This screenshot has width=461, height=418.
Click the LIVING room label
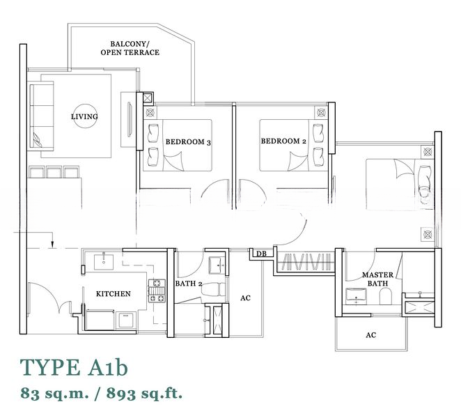(84, 116)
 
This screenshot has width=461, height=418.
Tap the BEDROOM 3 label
(188, 142)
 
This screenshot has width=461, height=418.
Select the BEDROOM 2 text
(283, 141)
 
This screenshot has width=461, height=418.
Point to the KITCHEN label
(114, 293)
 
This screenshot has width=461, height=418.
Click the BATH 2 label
(189, 284)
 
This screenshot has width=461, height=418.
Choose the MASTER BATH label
(377, 279)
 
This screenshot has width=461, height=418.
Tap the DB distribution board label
(261, 254)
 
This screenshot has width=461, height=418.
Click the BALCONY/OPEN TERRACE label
(130, 48)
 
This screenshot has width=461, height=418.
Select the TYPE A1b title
(74, 367)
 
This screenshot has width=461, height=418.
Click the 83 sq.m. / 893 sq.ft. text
(101, 393)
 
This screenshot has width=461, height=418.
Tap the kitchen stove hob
(157, 291)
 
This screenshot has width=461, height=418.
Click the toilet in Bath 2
(213, 289)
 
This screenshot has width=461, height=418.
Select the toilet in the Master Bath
(385, 296)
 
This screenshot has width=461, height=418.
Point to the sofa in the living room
(42, 116)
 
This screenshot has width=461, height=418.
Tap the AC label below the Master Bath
(370, 335)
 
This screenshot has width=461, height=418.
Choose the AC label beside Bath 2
(246, 298)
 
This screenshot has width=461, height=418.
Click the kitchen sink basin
(104, 262)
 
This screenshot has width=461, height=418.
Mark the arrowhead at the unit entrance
(52, 244)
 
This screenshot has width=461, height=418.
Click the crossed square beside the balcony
(148, 98)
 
